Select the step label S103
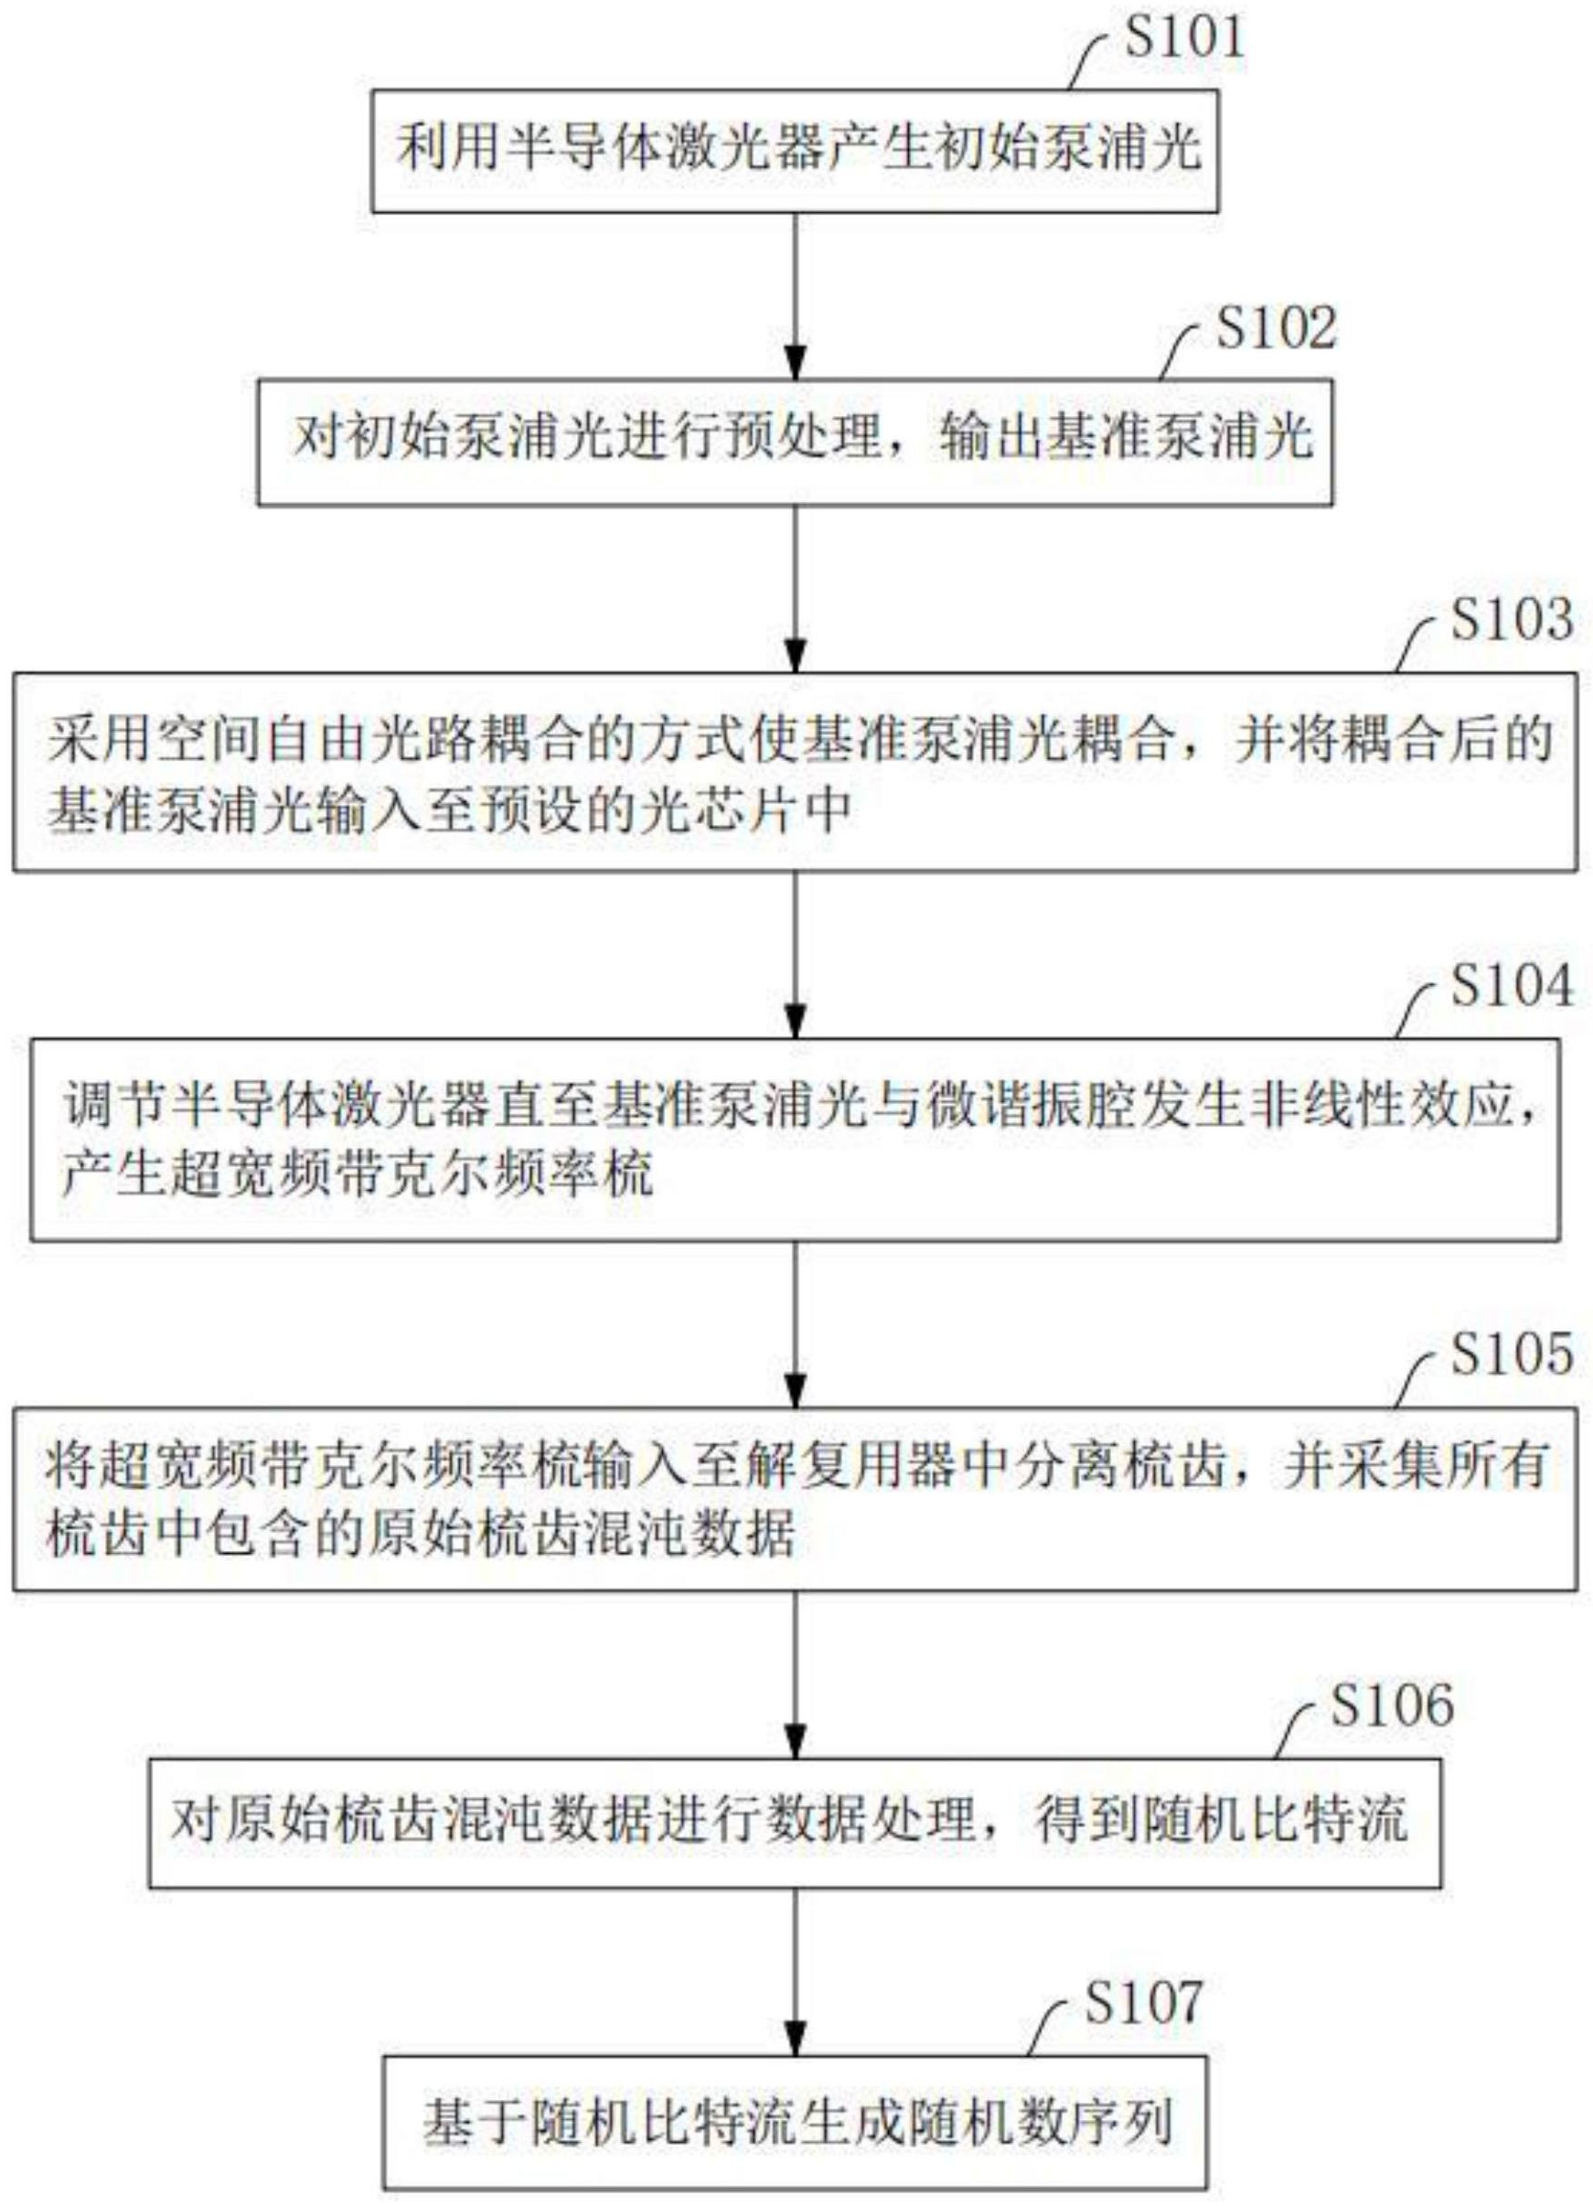1512,618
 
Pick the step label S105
1512,1355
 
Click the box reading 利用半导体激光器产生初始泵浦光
796,151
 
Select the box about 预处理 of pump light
796,442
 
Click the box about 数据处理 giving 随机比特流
796,1819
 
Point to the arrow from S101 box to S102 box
796,295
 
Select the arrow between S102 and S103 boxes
796,587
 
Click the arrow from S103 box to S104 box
796,954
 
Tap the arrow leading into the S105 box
796,1323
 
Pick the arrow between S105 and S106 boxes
796,1673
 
